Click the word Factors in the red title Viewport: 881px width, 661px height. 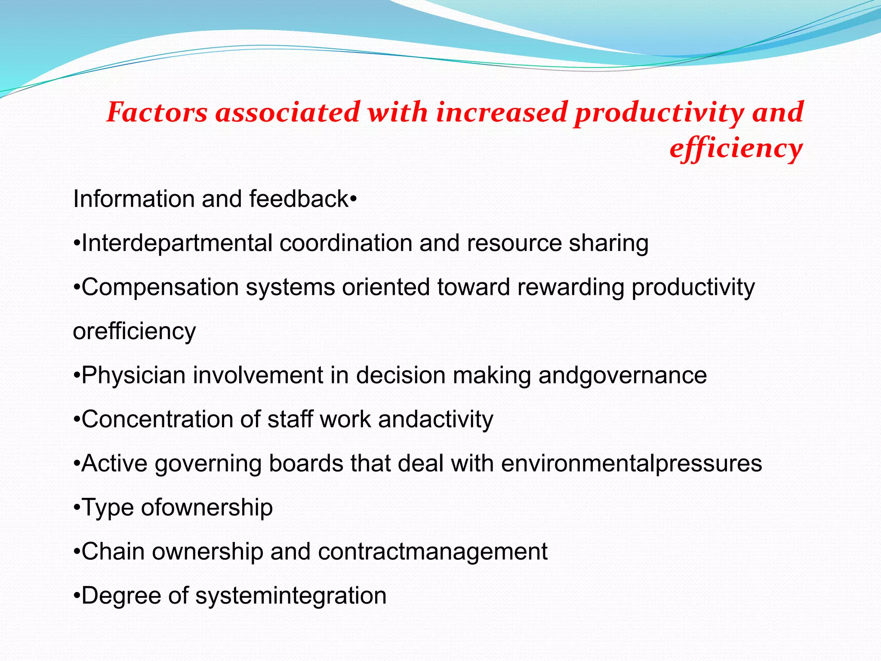click(x=157, y=112)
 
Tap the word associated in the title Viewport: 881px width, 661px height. click(x=287, y=112)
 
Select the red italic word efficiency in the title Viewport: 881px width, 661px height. click(x=736, y=149)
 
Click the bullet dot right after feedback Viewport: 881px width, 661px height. click(x=353, y=199)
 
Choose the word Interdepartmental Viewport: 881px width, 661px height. click(x=177, y=243)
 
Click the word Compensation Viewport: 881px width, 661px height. click(x=160, y=287)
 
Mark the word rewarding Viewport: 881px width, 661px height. click(x=570, y=287)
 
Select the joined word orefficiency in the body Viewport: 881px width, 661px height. click(x=134, y=331)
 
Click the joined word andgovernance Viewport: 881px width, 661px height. click(x=622, y=375)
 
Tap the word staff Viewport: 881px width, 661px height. click(x=290, y=419)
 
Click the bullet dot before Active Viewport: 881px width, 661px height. click(x=77, y=464)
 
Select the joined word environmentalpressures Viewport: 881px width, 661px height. click(x=631, y=463)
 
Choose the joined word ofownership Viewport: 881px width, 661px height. click(x=207, y=507)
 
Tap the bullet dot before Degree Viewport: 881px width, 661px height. click(x=77, y=596)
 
